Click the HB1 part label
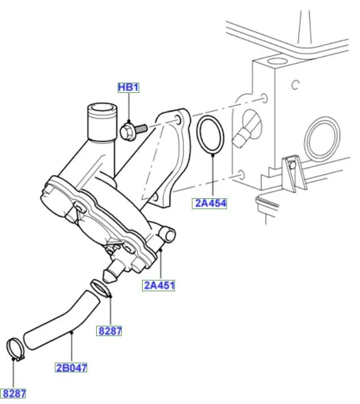point(128,87)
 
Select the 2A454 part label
point(209,203)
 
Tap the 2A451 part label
point(158,285)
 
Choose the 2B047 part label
point(71,367)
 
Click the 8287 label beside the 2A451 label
point(109,331)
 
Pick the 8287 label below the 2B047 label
point(14,394)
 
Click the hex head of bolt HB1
point(127,132)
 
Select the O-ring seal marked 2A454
point(211,135)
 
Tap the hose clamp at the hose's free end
point(15,350)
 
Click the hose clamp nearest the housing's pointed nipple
point(100,287)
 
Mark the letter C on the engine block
point(295,84)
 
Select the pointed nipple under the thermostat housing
point(110,273)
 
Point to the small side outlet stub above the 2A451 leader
point(167,233)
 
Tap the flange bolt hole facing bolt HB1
point(178,120)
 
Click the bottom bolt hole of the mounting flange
point(154,198)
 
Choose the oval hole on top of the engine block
point(277,61)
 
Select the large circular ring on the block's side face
point(322,139)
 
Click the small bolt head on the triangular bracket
point(292,164)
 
